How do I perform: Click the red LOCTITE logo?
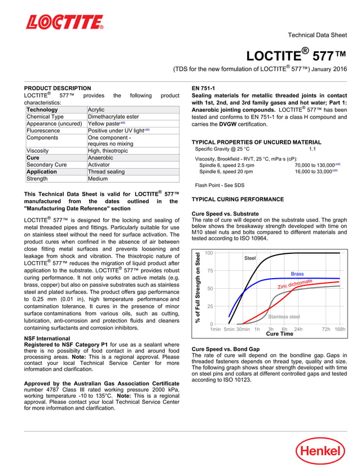click(65, 22)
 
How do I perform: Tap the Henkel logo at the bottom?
click(321, 451)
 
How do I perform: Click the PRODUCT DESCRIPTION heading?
click(57, 88)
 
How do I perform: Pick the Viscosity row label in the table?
click(38, 151)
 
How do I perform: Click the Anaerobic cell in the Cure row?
click(101, 158)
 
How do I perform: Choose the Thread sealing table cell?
click(107, 171)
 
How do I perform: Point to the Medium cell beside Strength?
click(98, 179)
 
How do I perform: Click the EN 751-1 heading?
click(203, 88)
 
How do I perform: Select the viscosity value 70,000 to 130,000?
click(314, 165)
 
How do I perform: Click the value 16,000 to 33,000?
click(314, 171)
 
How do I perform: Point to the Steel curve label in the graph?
click(250, 258)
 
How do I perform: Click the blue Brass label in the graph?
click(297, 274)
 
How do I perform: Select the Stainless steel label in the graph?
click(284, 317)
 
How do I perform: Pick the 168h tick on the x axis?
click(340, 329)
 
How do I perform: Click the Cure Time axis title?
click(279, 334)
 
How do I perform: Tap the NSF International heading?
click(47, 338)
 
